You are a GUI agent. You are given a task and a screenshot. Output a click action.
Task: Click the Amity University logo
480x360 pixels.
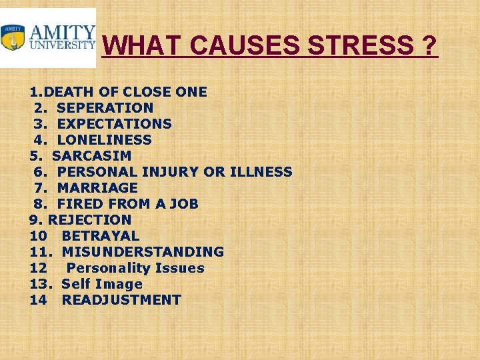pos(48,38)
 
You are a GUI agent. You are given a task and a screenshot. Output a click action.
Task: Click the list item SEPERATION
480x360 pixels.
pos(105,108)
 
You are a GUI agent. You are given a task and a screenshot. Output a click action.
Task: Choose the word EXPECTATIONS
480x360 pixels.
pos(115,124)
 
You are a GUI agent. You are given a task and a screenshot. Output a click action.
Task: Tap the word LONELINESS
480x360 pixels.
pos(105,140)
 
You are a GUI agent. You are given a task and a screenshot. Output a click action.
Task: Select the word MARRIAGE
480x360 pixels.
pos(97,188)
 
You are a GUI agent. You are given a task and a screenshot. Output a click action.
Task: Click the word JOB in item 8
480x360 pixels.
pos(184,204)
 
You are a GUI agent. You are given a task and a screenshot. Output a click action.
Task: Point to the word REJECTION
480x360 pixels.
pos(90,220)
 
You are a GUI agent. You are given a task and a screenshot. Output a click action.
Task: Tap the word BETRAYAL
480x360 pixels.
pos(101,236)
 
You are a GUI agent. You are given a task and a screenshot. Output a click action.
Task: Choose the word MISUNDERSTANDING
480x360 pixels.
pos(143,252)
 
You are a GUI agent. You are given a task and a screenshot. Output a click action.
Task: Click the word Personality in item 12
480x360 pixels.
pos(109,268)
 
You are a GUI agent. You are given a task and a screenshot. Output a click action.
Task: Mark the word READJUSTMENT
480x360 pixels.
pos(121,300)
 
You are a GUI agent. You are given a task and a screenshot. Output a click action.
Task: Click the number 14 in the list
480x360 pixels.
pos(37,300)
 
